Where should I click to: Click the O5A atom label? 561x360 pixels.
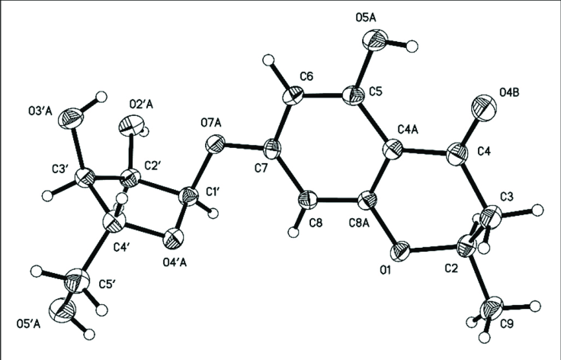366,18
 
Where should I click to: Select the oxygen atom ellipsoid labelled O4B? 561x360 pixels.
485,105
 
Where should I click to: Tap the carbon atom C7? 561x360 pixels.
272,148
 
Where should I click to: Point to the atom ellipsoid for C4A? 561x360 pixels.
393,151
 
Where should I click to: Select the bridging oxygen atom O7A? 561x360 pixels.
215,144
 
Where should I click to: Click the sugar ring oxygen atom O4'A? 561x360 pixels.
174,237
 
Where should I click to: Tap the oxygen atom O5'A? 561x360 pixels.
63,309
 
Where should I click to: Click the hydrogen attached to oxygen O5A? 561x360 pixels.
412,47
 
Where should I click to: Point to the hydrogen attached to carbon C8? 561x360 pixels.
293,232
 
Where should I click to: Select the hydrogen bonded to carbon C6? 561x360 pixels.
268,59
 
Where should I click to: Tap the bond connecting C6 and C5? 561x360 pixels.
323,96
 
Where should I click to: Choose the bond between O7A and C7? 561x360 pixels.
243,146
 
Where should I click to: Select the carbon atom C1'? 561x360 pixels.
188,196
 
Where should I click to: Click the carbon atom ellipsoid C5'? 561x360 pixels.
77,279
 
